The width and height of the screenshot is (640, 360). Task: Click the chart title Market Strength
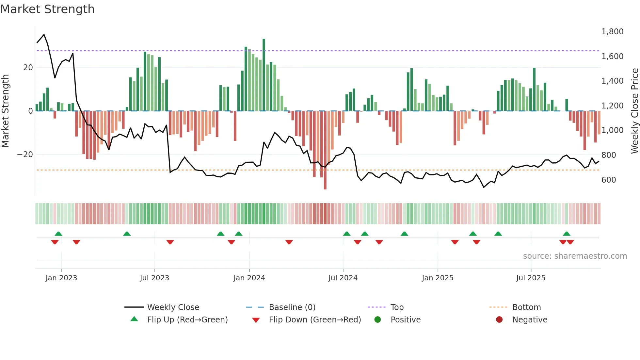pos(47,9)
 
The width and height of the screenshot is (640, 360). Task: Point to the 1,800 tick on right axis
pos(612,32)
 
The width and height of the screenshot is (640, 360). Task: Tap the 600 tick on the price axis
pos(608,180)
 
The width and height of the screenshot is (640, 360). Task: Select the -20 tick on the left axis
pos(25,155)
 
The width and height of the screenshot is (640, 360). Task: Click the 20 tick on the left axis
pos(28,68)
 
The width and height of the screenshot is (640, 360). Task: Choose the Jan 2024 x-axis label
pos(249,278)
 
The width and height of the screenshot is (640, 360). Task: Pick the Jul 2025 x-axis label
pos(531,278)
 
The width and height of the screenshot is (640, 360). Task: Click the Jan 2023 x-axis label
pos(61,278)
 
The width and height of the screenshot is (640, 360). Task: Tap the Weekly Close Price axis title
pos(634,111)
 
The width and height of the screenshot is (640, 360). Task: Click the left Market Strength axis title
pos(6,111)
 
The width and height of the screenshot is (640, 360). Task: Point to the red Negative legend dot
pos(499,320)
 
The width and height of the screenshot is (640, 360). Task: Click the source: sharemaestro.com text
pos(575,256)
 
